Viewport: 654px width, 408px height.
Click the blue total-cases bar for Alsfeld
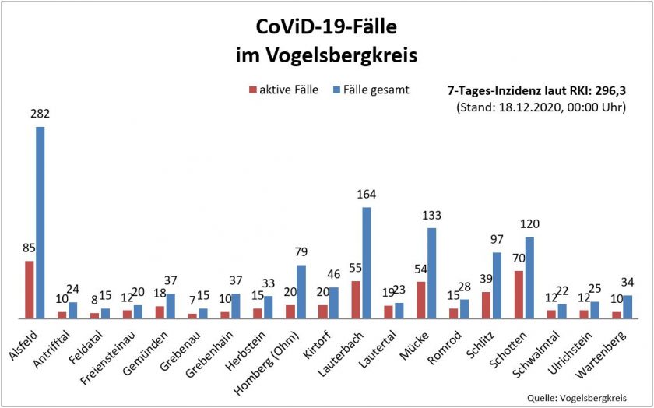[x=40, y=222]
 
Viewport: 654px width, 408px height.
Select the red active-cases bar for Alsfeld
[x=30, y=289]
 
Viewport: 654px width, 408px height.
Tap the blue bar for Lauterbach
[x=366, y=262]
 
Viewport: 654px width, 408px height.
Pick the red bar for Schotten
[x=518, y=294]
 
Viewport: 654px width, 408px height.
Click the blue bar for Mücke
[x=431, y=273]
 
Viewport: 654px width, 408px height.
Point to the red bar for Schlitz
[x=486, y=304]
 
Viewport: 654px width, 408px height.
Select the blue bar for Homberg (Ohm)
[x=301, y=291]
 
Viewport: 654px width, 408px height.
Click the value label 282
[x=40, y=114]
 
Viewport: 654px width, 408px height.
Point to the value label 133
[x=431, y=216]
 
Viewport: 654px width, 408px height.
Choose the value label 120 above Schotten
[x=529, y=224]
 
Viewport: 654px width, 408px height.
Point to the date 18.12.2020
[x=535, y=107]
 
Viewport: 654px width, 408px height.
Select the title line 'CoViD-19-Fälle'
[x=326, y=29]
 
